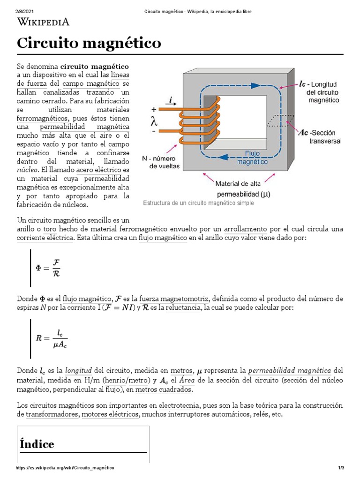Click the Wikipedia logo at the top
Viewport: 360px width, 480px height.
(43, 21)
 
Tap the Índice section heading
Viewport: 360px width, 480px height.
(37, 443)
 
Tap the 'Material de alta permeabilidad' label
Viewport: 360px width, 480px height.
(243, 187)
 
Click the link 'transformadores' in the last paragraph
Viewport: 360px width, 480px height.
(52, 414)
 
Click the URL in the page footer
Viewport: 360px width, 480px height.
(65, 468)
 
